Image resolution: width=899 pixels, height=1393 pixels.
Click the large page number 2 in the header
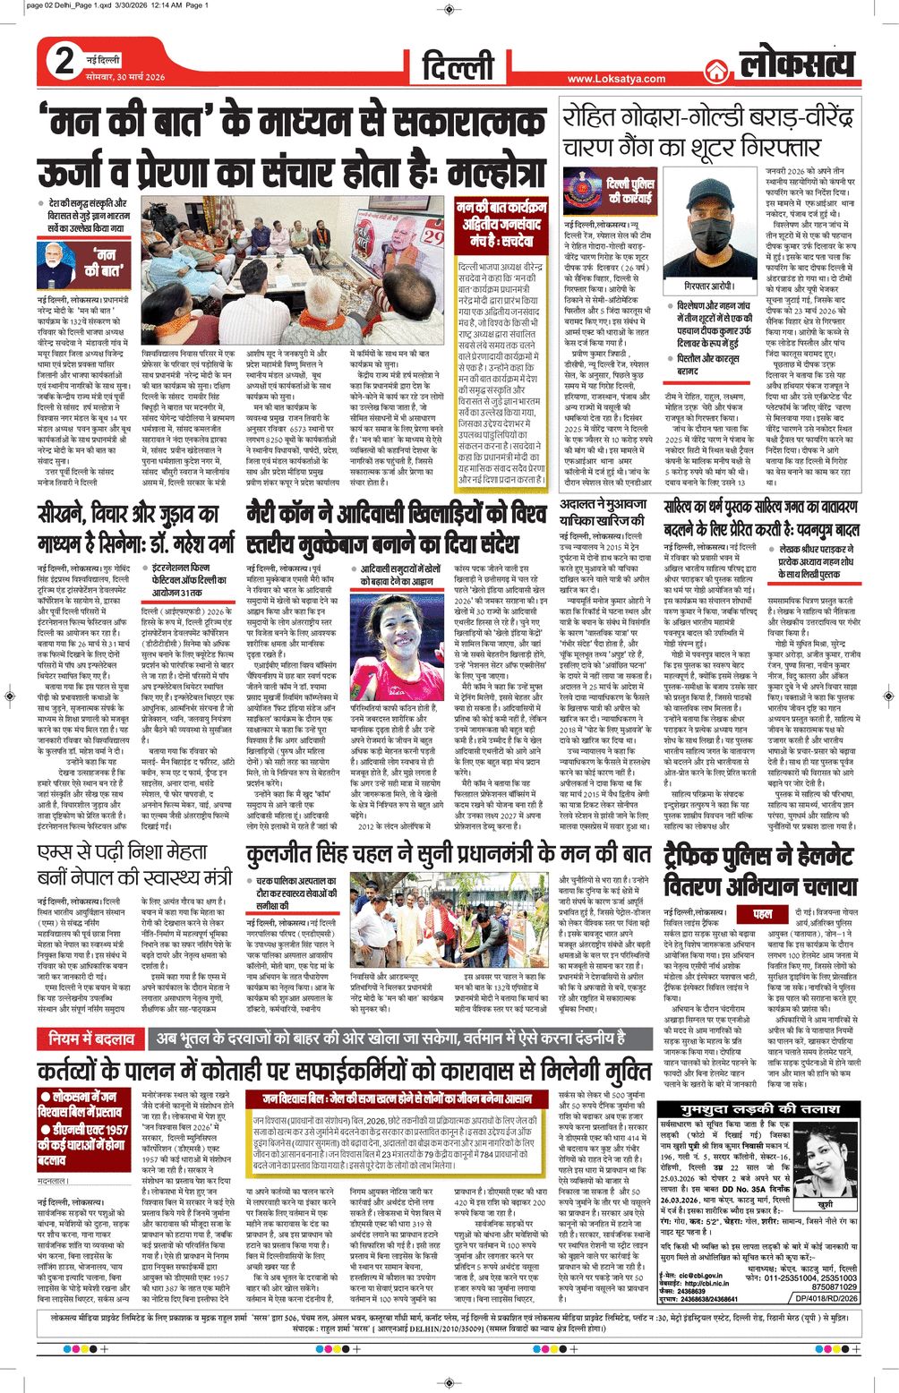point(64,62)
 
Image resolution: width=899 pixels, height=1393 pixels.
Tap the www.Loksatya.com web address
point(616,79)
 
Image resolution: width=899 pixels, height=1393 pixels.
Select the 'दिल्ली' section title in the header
point(458,65)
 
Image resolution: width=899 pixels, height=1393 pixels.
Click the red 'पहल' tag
point(762,913)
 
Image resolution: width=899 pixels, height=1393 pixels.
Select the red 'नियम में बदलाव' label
point(92,1038)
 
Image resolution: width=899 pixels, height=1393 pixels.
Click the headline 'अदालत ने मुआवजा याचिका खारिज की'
point(606,513)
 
